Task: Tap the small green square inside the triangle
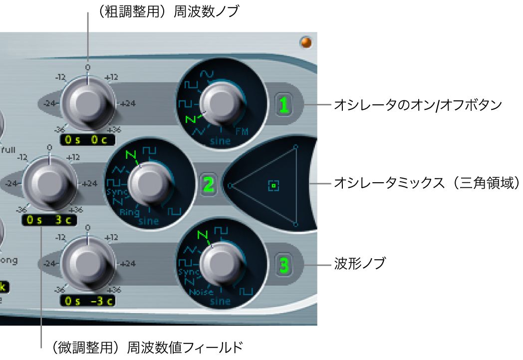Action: tap(273, 186)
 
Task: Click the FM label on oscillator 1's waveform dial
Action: tap(242, 132)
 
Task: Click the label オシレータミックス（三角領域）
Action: tap(427, 183)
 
